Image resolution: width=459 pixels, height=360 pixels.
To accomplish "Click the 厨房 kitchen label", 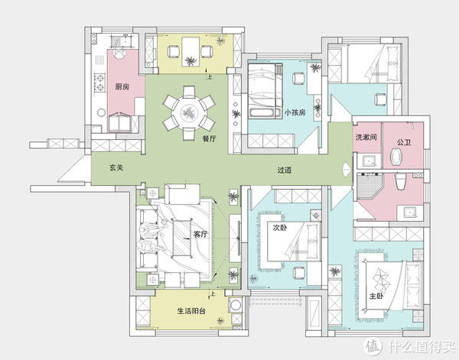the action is pos(122,86).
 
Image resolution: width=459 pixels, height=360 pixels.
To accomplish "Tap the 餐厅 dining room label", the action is pos(209,138).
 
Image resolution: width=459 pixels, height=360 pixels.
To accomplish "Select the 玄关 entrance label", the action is pos(116,167).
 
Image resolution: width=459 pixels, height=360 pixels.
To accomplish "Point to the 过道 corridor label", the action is pos(285,170).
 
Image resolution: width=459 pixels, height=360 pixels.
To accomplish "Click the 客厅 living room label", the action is pos(200,234).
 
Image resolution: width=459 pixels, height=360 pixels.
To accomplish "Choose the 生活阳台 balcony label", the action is pos(191,310).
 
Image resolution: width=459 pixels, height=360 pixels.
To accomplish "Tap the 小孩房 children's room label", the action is pos(295,112).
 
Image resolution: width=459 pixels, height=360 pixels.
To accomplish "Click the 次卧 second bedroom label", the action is pos(280,228).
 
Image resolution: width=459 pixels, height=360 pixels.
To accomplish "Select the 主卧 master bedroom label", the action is pos(376,296).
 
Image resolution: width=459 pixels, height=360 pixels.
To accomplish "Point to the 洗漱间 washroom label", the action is pos(366,137).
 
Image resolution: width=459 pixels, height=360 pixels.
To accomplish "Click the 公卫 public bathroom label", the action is pos(404,142).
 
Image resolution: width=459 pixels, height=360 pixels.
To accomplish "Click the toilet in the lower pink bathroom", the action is pos(400,181).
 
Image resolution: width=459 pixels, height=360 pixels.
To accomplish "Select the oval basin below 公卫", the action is pos(397,157).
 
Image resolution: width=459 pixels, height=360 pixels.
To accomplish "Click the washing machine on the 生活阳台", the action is pos(236,305).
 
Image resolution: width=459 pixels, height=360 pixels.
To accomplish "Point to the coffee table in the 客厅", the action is pos(182,238).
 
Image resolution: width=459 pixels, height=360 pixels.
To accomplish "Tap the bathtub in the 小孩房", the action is pos(262,113).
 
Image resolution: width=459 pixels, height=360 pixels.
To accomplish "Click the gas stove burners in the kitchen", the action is pos(99,83).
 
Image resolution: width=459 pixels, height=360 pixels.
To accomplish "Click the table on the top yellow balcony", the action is pos(190,51).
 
